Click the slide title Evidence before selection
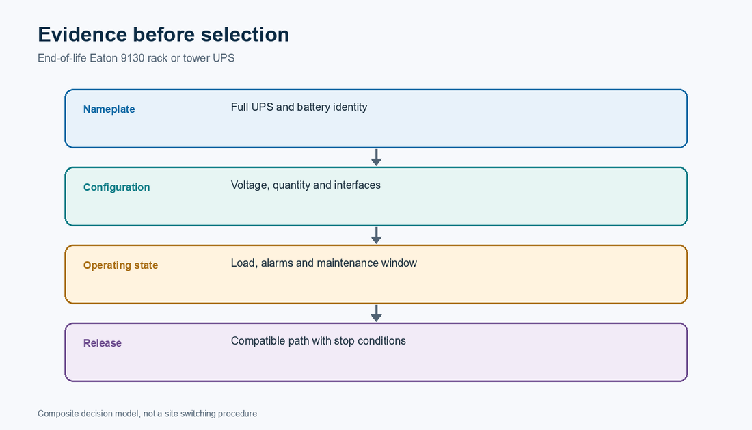(163, 34)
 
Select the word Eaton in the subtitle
(104, 58)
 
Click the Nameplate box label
(109, 109)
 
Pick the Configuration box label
(116, 187)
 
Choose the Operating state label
(120, 265)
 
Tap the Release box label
(102, 343)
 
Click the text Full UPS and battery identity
(299, 107)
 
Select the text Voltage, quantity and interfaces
(306, 185)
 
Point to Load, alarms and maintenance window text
(324, 263)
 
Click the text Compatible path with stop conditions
(319, 341)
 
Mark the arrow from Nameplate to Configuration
(377, 158)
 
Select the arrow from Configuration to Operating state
(377, 235)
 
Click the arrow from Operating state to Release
(377, 314)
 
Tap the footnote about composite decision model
(147, 414)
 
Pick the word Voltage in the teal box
(250, 185)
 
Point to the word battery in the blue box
(314, 107)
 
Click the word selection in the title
(245, 34)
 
